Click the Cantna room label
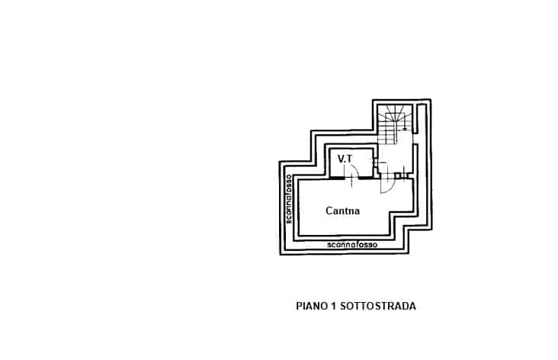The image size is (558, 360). [x=343, y=211]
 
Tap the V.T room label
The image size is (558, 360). [x=345, y=159]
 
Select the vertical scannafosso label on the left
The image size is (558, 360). [x=289, y=199]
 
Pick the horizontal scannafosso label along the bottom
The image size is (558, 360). [x=352, y=245]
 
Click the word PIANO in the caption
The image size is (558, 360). [x=312, y=307]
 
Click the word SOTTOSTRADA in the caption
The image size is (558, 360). [x=378, y=307]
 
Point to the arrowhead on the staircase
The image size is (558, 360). [x=405, y=129]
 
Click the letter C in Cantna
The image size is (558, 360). [x=329, y=211]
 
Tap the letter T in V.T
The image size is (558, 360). [x=349, y=159]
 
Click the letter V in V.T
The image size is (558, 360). [x=341, y=159]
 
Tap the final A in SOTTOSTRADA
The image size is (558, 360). [x=412, y=307]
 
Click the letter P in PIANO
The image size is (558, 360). [x=300, y=307]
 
